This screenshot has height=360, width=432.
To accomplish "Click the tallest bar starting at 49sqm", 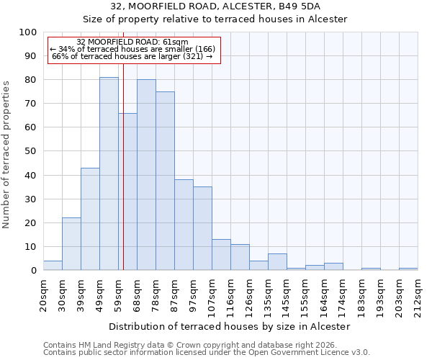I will pos(109,174).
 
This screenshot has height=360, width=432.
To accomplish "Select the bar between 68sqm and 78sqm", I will pos(146,175).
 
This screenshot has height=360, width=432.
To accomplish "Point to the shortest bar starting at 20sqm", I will pos(53,266).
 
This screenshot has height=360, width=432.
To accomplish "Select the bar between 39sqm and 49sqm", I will pos(90,219).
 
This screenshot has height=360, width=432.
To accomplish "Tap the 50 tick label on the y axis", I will pos(30,151).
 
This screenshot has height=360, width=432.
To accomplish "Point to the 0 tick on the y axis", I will pos(33,271).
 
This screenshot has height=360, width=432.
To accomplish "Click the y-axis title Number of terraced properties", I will pos(7,154).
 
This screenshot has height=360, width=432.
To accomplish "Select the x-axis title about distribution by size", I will pos(230,326).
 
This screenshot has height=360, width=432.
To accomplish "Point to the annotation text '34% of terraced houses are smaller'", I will pos(132,48).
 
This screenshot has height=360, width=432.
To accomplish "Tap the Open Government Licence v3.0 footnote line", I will pos(207,353).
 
